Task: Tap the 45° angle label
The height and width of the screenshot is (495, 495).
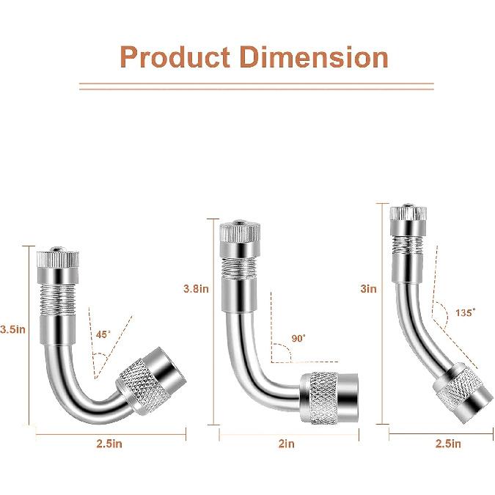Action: click(x=104, y=334)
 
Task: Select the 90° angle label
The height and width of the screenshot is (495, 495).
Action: click(x=298, y=340)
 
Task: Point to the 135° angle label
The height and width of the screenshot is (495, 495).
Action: click(x=463, y=312)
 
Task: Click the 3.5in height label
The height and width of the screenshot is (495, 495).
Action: click(x=13, y=329)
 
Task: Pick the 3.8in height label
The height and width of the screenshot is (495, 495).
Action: click(x=196, y=288)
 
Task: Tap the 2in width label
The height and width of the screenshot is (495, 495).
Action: click(x=286, y=443)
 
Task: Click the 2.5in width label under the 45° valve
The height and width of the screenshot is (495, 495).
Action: click(x=109, y=443)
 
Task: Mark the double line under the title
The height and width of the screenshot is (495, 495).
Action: click(x=256, y=87)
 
